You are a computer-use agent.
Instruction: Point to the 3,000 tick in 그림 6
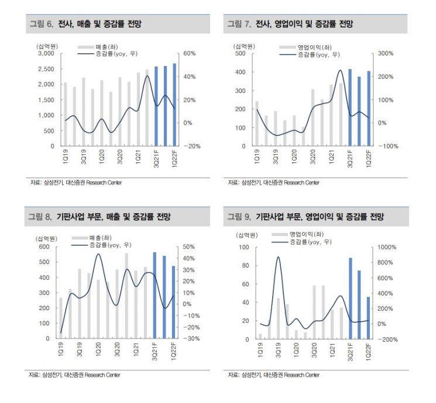45,53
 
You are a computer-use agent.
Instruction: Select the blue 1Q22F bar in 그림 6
174,105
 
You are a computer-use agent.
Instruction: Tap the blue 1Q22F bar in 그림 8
174,302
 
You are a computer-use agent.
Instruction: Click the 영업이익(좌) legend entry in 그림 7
307,46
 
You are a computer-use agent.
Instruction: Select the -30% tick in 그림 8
190,338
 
